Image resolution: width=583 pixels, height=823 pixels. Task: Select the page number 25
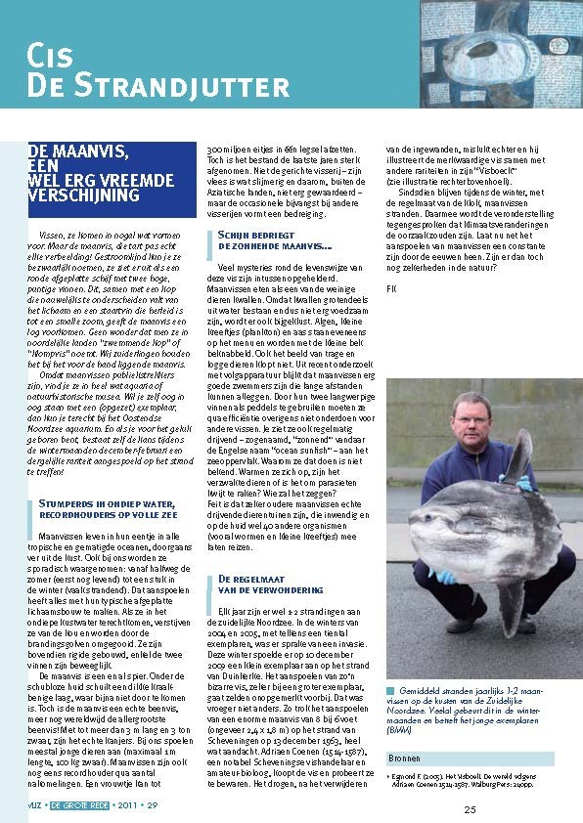point(471,808)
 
